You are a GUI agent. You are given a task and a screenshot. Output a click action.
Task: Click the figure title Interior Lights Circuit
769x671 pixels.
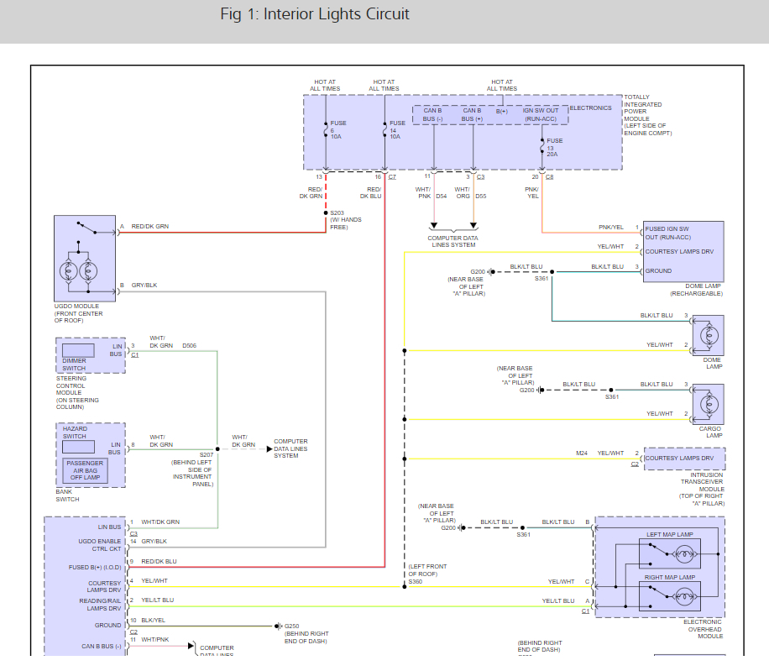[x=315, y=14]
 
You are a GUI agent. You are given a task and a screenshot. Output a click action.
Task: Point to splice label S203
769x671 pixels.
[x=337, y=213]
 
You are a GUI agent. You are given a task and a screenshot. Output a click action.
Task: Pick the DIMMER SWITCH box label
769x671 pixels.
[x=74, y=364]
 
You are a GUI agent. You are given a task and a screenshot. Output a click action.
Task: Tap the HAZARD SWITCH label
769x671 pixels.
[x=75, y=432]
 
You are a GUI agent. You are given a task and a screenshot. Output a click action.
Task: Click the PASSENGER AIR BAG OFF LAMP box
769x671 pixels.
[x=84, y=470]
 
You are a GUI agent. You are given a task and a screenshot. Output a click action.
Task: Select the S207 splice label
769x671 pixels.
[x=207, y=454]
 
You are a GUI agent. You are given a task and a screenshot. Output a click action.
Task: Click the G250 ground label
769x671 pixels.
[x=292, y=626]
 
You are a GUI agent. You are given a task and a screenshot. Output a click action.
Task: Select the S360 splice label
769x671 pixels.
[x=416, y=581]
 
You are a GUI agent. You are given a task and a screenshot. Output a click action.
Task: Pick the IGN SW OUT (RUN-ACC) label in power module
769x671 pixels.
[x=541, y=115]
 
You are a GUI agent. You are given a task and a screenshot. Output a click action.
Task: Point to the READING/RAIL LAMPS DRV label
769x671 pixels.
[x=98, y=605]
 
